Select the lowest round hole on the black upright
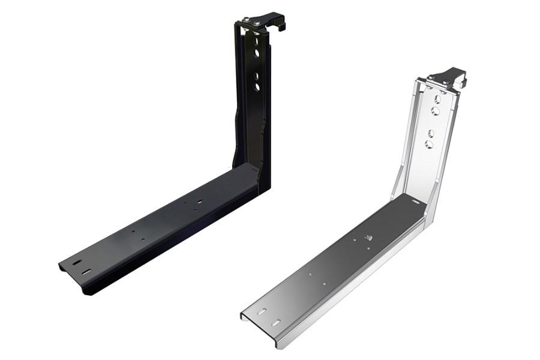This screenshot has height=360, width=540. (257, 87)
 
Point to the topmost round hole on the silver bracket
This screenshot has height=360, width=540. (437, 101)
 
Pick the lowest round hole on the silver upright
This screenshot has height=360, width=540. (429, 144)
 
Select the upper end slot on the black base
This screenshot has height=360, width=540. (76, 262)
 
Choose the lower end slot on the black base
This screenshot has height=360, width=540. (88, 272)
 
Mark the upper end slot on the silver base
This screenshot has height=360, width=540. (262, 312)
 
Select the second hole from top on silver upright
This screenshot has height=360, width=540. (436, 112)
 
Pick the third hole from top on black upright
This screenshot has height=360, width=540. (257, 76)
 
